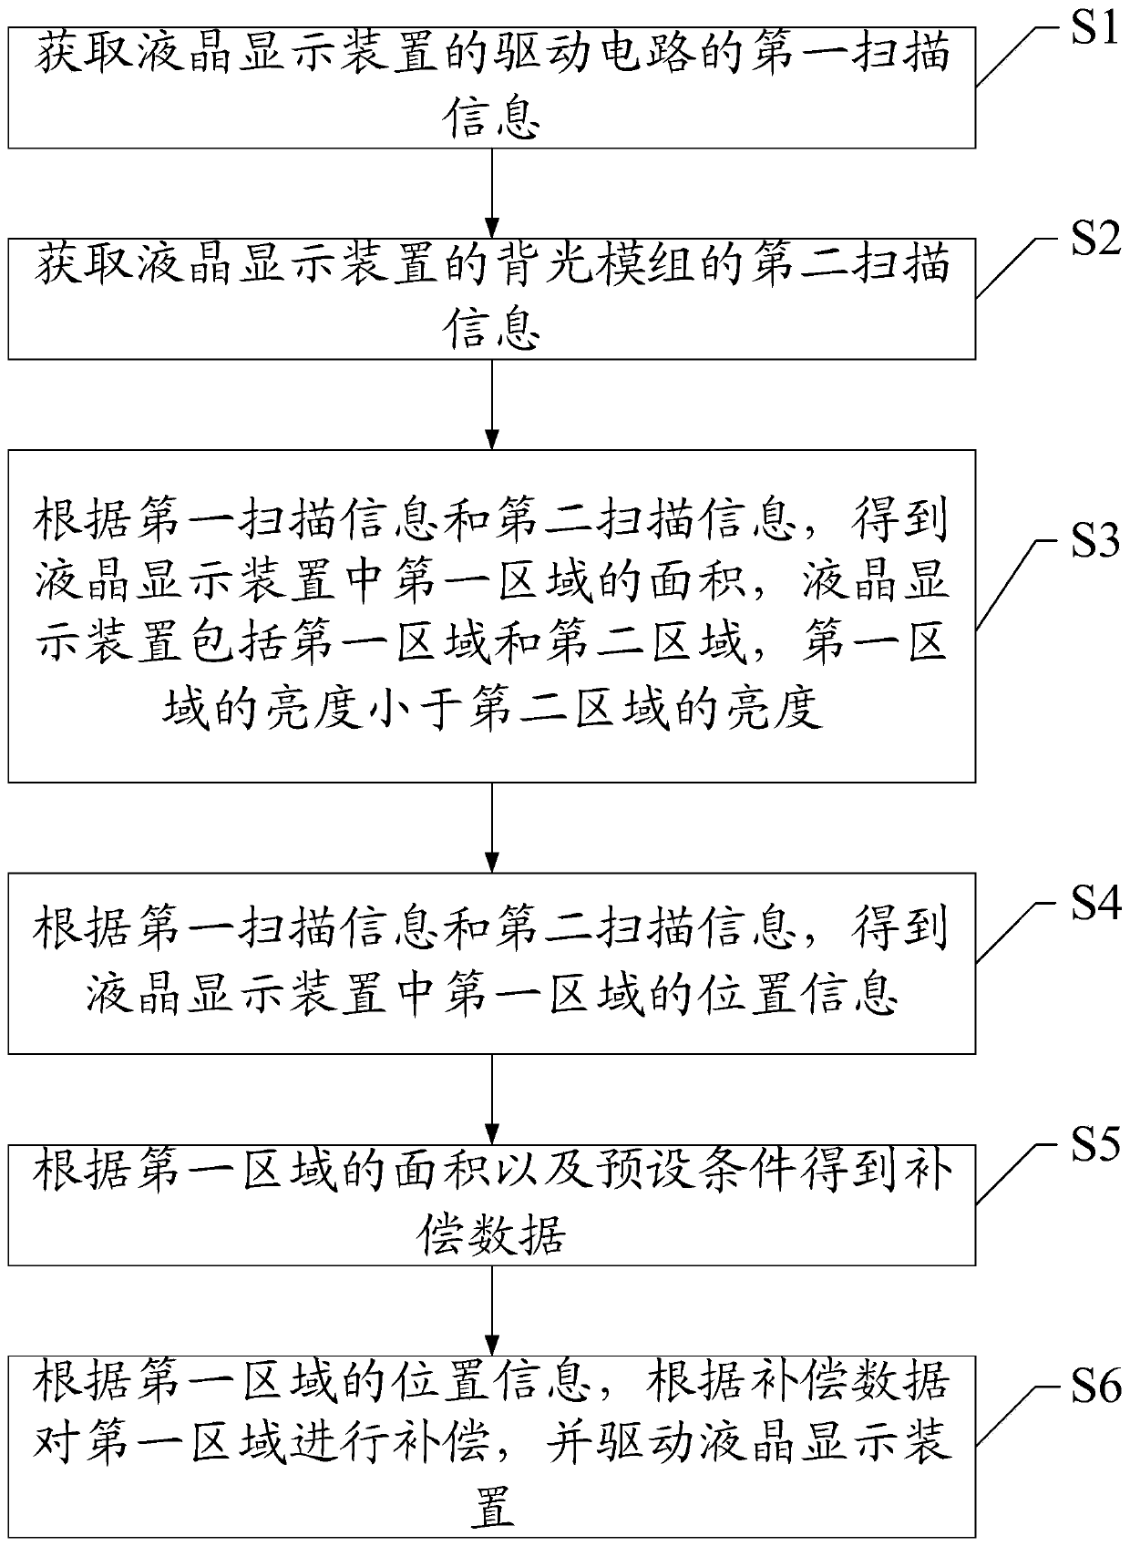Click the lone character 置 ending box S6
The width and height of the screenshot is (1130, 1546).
click(x=492, y=1509)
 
